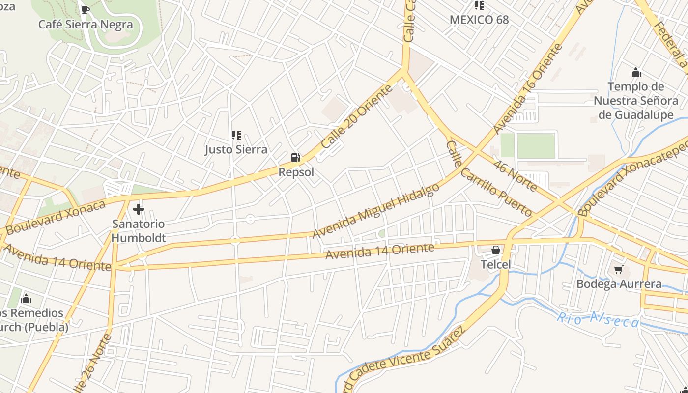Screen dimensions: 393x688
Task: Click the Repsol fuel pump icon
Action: click(295, 158)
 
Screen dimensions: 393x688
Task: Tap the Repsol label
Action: click(296, 172)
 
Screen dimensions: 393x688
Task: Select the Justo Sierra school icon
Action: click(236, 135)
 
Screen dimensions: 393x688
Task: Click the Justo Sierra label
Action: click(236, 149)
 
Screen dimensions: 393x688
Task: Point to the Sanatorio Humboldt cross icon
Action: click(139, 210)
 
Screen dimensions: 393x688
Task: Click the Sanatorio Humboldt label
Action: click(139, 231)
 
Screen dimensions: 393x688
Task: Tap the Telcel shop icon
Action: click(496, 250)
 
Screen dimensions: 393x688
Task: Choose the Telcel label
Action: click(496, 265)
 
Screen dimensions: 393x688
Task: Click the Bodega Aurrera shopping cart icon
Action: click(619, 269)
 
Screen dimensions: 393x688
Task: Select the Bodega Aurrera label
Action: click(619, 284)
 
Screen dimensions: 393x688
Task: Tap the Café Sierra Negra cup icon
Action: click(86, 10)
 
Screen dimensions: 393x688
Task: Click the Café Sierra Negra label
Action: click(86, 25)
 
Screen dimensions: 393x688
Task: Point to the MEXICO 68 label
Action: click(479, 20)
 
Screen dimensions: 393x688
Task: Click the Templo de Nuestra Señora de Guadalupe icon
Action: click(636, 73)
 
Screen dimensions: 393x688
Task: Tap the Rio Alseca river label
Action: click(598, 319)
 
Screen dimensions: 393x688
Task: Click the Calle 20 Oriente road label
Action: click(357, 116)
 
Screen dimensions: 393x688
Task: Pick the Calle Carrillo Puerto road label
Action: click(488, 179)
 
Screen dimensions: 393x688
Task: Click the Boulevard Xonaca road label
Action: click(56, 217)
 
